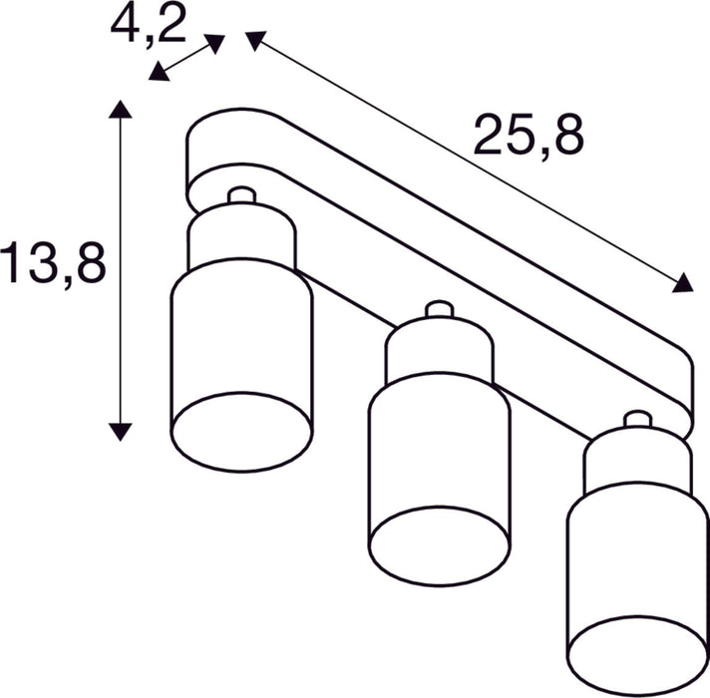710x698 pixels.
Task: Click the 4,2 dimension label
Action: point(149,26)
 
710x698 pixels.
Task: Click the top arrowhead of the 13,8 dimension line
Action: point(121,110)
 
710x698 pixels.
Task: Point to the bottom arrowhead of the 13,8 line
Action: point(121,431)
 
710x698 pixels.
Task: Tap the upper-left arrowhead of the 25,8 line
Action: point(256,40)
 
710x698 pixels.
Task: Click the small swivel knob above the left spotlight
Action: point(240,195)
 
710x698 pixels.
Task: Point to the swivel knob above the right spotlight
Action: point(634,420)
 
